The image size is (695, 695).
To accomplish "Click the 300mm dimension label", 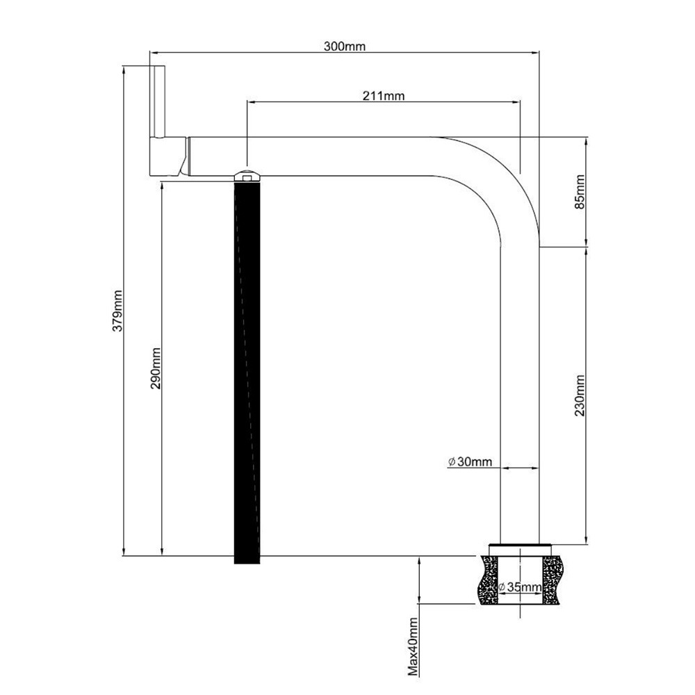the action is (x=345, y=46).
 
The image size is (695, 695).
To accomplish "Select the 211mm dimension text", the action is (x=384, y=96).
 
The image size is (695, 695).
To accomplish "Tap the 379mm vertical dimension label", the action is (x=117, y=311).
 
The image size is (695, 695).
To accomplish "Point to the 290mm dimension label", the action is (x=156, y=368).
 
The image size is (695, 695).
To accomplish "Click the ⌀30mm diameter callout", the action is (x=470, y=462).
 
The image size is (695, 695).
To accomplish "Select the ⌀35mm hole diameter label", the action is (x=520, y=587).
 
